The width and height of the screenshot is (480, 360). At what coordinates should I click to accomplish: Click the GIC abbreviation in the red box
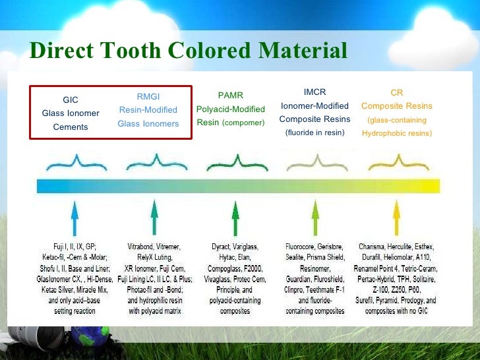tap(71, 100)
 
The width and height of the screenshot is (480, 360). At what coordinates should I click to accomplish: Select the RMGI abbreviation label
tap(148, 97)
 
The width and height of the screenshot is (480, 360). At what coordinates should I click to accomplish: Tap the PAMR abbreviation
tap(230, 96)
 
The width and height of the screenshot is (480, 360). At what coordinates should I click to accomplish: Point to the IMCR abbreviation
tap(315, 92)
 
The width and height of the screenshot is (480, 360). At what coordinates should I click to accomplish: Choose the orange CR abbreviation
tap(396, 93)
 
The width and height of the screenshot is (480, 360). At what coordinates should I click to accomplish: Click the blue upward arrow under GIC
tap(75, 218)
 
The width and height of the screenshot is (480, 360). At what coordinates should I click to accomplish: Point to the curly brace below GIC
tap(75, 161)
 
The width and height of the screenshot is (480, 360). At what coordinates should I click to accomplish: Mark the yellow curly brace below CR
tap(396, 161)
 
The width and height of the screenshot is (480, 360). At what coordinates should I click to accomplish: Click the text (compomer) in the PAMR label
tap(243, 123)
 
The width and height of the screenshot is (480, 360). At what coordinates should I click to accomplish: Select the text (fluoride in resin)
tap(315, 133)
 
